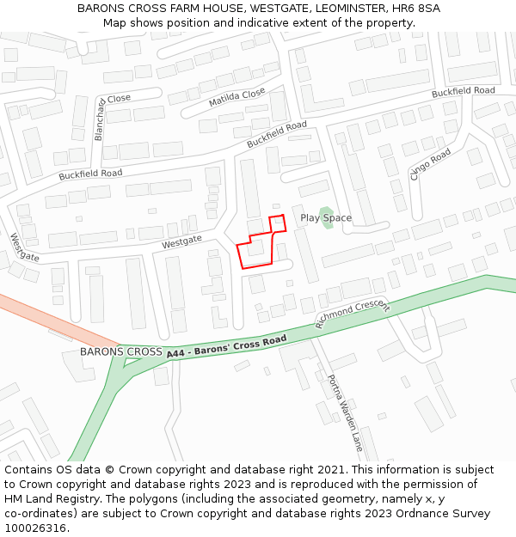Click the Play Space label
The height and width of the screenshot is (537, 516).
325,218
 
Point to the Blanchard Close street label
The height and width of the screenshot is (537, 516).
101,119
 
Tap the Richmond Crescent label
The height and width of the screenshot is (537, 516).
353,314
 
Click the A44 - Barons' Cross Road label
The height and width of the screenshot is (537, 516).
226,346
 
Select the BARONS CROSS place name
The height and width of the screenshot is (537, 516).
120,352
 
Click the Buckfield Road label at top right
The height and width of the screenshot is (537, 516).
463,91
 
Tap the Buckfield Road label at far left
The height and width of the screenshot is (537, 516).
90,174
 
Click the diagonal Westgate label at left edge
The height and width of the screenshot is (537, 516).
25,247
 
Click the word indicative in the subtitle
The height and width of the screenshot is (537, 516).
271,22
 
